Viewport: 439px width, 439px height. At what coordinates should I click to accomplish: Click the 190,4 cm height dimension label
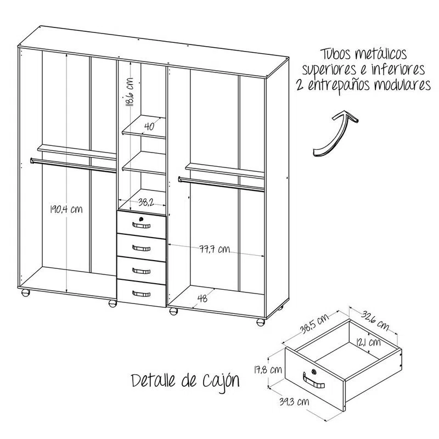[x=66, y=210]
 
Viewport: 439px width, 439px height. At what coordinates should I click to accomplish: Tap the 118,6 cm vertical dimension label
[x=130, y=93]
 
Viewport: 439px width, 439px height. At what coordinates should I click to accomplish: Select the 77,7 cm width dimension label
[x=214, y=250]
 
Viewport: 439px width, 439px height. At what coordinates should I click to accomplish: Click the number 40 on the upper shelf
[x=148, y=126]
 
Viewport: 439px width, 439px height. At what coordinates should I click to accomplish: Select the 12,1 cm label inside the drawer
[x=367, y=343]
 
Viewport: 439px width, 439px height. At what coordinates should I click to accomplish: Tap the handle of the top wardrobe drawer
[x=142, y=225]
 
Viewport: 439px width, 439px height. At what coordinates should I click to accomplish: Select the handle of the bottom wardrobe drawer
[x=142, y=292]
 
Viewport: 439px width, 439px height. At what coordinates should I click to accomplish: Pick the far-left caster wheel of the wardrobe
[x=25, y=293]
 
